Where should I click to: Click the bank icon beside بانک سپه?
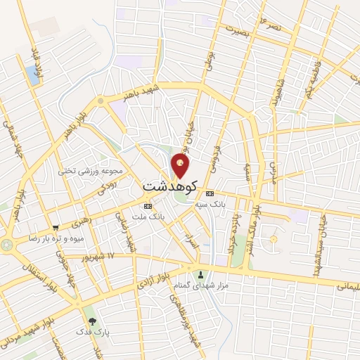210,193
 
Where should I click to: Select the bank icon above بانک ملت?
148,206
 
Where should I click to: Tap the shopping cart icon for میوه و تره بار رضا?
56,228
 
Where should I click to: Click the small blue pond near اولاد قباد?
33,71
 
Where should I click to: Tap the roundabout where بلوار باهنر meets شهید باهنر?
101,101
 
